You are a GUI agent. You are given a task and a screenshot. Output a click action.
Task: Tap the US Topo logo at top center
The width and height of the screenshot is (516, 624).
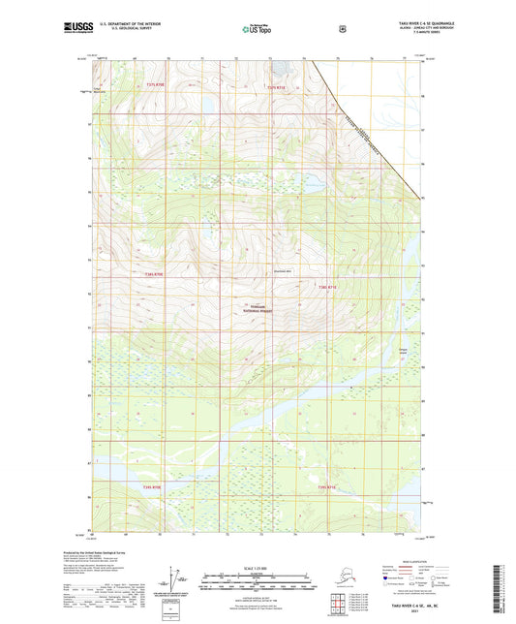(x=258, y=29)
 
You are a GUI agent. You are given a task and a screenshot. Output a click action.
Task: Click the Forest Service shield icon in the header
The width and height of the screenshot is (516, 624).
(x=342, y=28)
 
